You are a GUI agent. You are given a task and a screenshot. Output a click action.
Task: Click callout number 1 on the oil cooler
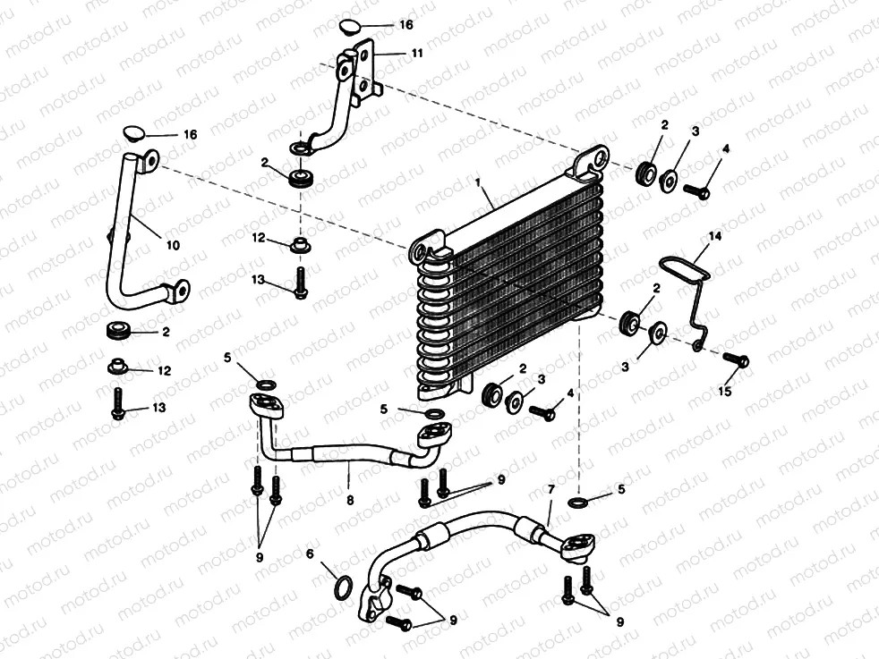pos(480,182)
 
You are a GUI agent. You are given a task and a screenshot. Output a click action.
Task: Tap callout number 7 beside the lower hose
pos(551,491)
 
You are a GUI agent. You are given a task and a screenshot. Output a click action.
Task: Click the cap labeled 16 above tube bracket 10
pos(134,133)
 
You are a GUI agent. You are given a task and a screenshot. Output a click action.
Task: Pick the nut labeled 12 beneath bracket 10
pos(116,367)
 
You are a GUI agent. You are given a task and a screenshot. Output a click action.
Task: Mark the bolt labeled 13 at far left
pos(116,404)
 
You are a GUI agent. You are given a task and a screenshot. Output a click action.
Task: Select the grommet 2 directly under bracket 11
pos(302,176)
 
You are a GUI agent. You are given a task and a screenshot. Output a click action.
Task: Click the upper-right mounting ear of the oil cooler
pos(591,162)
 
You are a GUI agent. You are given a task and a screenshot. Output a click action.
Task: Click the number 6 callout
pos(311,554)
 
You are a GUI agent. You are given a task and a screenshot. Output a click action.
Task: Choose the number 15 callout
pos(726,392)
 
